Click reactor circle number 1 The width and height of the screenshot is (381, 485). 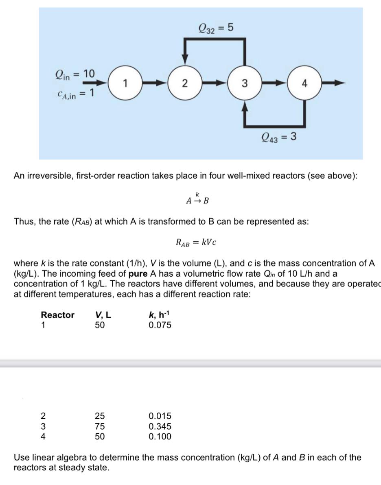[126, 83]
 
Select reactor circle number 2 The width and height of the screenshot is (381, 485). [185, 83]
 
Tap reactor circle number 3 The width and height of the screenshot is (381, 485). [244, 83]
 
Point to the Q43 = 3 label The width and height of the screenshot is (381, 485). [279, 137]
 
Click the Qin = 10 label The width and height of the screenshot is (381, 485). [74, 74]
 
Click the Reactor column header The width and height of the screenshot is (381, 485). [57, 315]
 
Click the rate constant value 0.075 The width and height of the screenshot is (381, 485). [160, 325]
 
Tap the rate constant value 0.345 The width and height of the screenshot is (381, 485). [160, 426]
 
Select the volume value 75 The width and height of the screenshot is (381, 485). [100, 426]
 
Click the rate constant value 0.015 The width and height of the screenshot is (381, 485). [160, 416]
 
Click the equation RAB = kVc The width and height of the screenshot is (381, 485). [196, 242]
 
